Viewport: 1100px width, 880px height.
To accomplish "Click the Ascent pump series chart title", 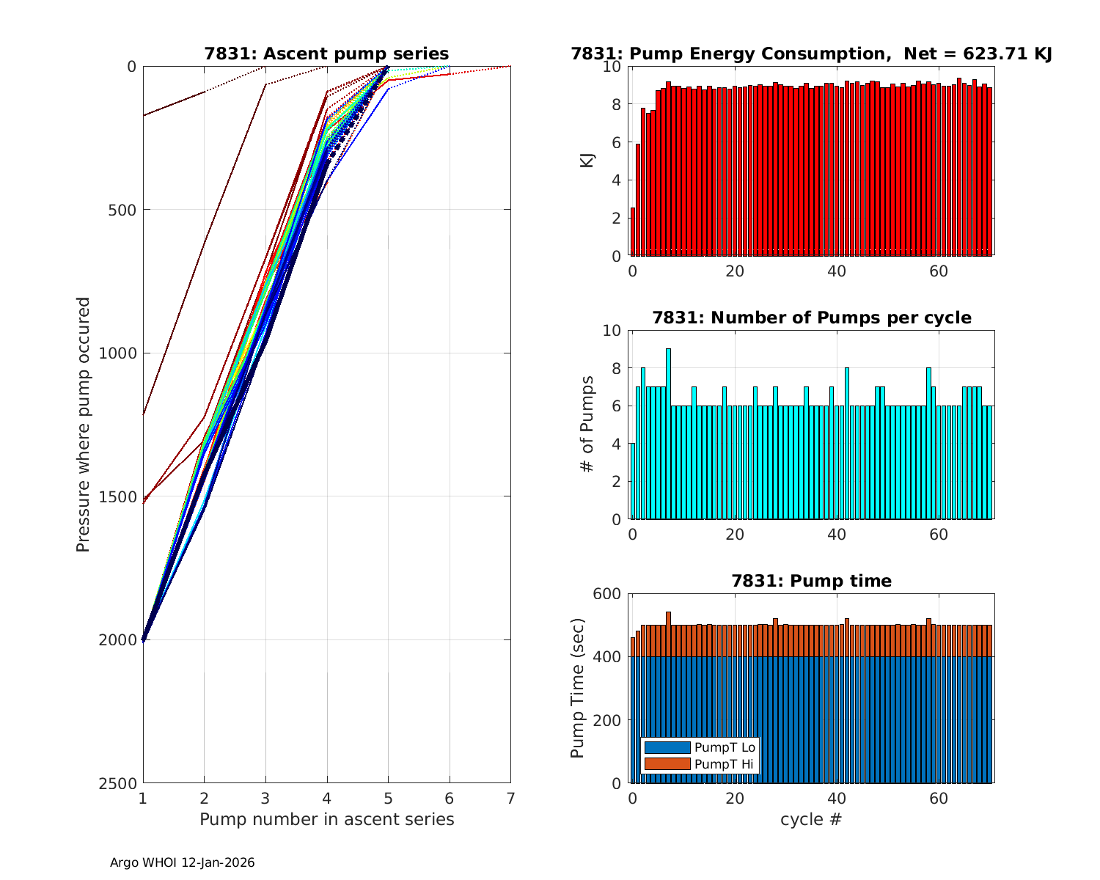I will (326, 54).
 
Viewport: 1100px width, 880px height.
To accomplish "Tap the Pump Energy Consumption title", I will (811, 54).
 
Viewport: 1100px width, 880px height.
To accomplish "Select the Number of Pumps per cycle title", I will (811, 318).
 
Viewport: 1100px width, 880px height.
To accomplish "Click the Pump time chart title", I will (811, 581).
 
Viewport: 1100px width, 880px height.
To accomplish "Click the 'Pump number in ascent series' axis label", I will (326, 819).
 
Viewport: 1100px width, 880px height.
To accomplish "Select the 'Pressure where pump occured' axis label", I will (84, 425).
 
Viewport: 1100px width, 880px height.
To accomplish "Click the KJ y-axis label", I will (587, 161).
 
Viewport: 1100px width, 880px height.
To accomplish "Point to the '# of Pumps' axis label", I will (587, 425).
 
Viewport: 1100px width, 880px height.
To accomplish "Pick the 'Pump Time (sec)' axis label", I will (578, 688).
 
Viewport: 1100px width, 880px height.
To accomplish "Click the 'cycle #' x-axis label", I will (811, 819).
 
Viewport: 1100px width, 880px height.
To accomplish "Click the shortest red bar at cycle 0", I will (633, 232).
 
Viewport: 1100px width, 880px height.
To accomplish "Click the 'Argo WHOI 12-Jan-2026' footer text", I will (183, 863).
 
